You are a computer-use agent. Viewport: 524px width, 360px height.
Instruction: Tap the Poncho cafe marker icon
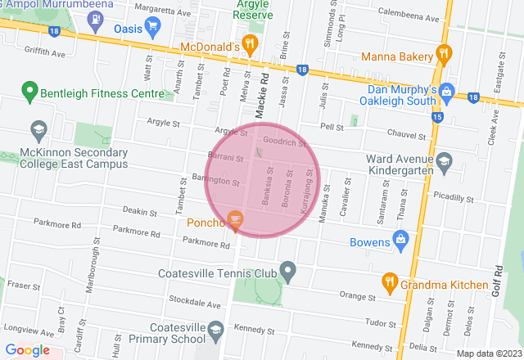point(236,219)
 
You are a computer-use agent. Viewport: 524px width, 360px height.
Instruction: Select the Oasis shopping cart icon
point(152,25)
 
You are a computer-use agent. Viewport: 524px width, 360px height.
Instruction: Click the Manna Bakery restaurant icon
point(445,53)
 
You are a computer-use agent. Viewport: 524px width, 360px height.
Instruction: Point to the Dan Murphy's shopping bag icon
point(446,90)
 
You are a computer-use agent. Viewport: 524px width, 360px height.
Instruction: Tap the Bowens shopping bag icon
point(400,239)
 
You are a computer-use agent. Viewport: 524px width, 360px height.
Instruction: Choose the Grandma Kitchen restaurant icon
point(390,282)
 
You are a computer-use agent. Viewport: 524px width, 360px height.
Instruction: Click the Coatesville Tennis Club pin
point(287,269)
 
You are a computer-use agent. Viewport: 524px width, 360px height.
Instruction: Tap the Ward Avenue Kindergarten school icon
point(444,160)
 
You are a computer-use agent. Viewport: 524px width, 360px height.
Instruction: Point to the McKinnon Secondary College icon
point(38,129)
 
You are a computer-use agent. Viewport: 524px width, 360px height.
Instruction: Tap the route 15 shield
point(437,117)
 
